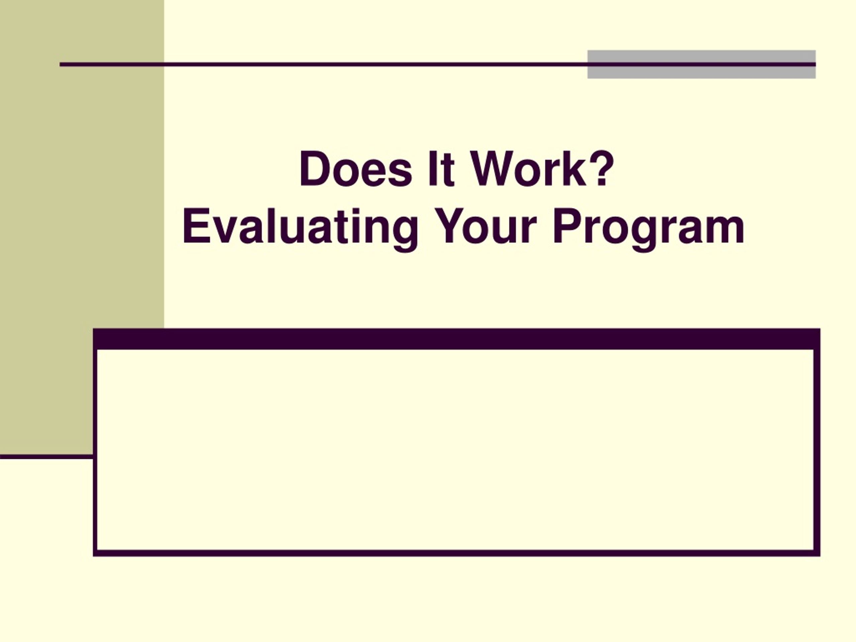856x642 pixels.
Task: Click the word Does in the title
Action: pyautogui.click(x=355, y=169)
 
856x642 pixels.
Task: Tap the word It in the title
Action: pyautogui.click(x=441, y=169)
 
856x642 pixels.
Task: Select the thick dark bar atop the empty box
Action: pyautogui.click(x=457, y=339)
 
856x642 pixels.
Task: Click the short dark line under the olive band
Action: pyautogui.click(x=46, y=457)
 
